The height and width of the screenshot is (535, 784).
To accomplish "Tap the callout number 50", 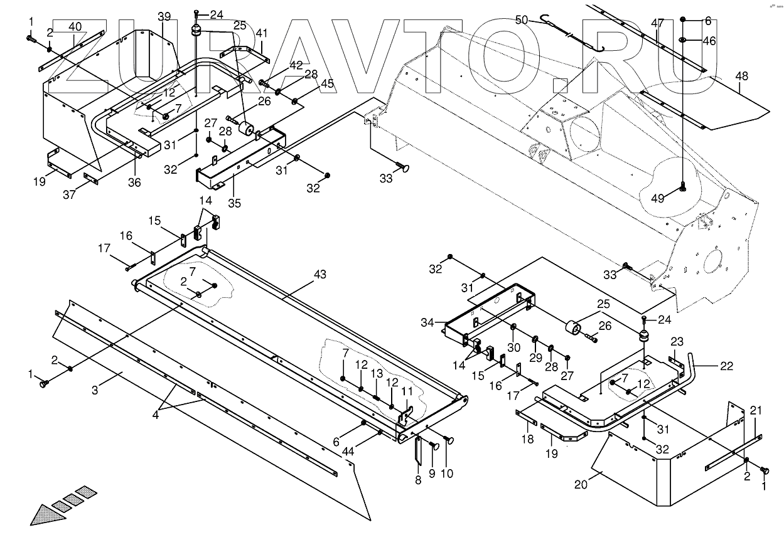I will click(522, 19).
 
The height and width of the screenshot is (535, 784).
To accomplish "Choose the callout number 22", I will click(726, 367).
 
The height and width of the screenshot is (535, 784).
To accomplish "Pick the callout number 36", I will click(134, 183).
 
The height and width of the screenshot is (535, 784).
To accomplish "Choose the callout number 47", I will click(657, 23).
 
